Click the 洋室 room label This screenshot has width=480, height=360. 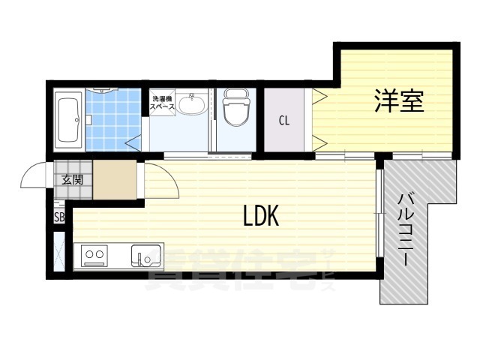[399, 102]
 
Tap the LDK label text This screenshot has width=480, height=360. [260, 217]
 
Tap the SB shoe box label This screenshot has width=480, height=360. [59, 217]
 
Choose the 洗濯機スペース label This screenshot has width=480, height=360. [163, 103]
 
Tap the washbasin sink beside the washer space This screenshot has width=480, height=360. [193, 104]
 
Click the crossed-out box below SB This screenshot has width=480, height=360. [59, 251]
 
